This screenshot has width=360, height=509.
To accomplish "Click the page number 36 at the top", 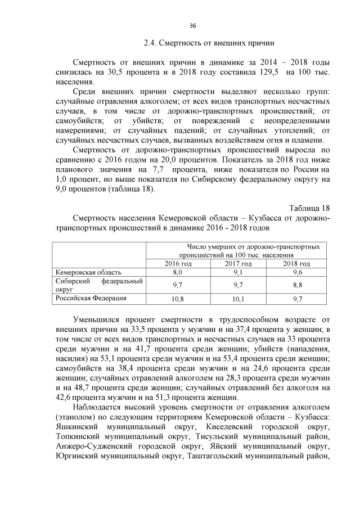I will pyautogui.click(x=193, y=26).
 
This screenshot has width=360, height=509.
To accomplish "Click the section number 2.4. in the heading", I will pyautogui.click(x=151, y=43).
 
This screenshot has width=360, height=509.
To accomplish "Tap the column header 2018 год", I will pyautogui.click(x=296, y=264).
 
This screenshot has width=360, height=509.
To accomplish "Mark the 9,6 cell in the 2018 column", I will pyautogui.click(x=297, y=272).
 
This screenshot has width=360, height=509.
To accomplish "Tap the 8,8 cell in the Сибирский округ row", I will pyautogui.click(x=297, y=285).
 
